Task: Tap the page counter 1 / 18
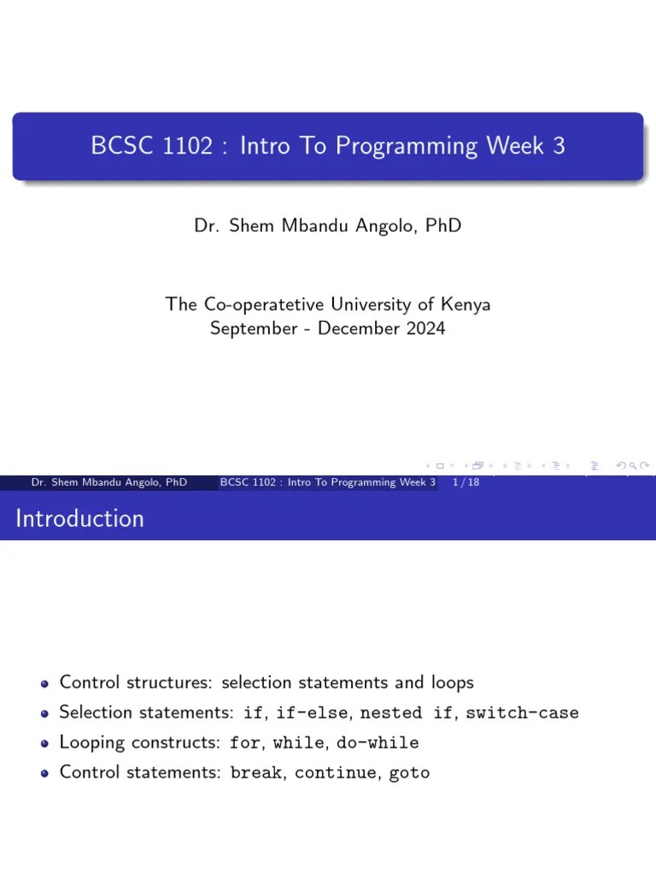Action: click(x=465, y=482)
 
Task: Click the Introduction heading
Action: click(x=79, y=518)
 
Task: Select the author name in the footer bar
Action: click(x=108, y=482)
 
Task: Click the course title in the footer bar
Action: click(x=328, y=482)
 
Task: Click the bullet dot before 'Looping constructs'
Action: click(x=45, y=743)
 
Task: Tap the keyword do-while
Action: click(x=378, y=743)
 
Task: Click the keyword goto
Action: click(x=410, y=773)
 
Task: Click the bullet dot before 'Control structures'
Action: click(x=45, y=683)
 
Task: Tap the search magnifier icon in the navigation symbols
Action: click(x=634, y=465)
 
